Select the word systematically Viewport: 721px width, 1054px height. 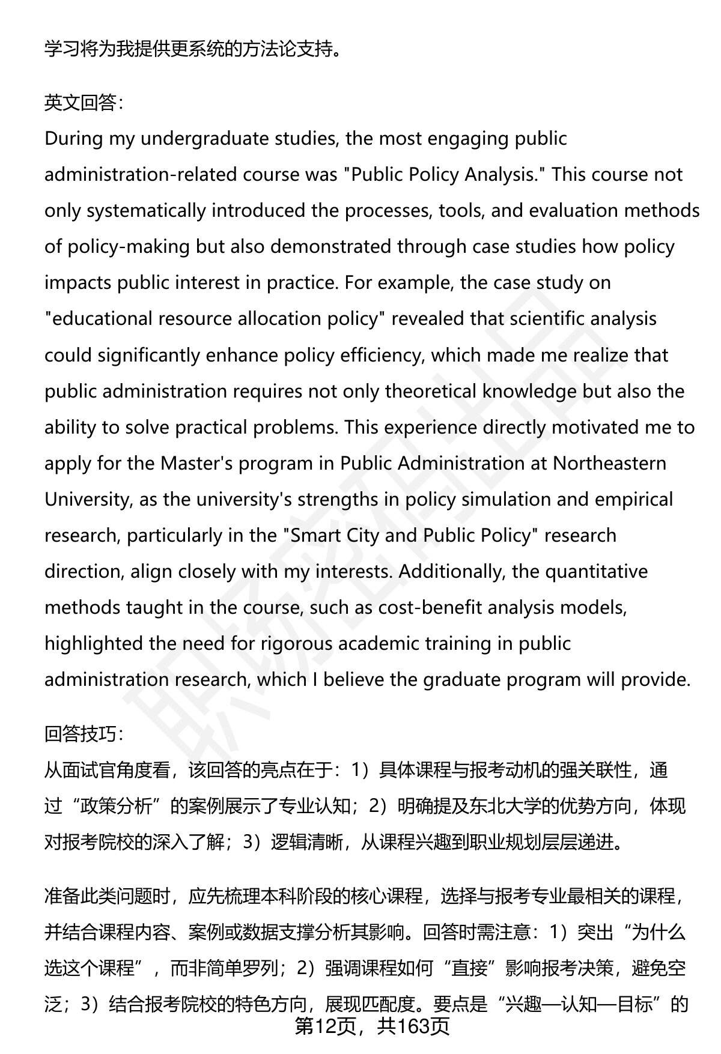tap(145, 211)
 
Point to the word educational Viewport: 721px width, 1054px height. tap(103, 319)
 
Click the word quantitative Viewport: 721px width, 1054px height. tap(596, 571)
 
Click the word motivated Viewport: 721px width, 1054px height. tap(597, 427)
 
